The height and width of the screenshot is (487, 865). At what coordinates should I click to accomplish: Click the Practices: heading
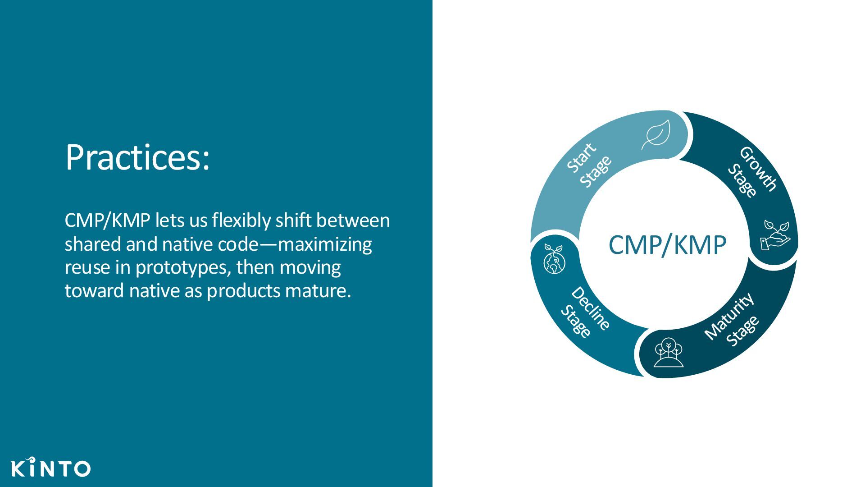137,157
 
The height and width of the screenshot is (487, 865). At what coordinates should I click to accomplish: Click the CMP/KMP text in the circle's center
667,245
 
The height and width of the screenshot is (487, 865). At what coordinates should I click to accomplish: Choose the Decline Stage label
585,312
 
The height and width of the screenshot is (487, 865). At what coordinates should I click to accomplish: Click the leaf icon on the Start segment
656,134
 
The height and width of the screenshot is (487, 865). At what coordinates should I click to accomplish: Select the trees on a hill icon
669,352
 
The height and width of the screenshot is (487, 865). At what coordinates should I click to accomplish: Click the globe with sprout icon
554,259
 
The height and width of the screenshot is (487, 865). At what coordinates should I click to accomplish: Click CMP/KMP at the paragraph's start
107,221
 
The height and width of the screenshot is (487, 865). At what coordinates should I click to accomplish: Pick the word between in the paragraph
353,221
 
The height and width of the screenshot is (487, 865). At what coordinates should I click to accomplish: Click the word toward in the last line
95,291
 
